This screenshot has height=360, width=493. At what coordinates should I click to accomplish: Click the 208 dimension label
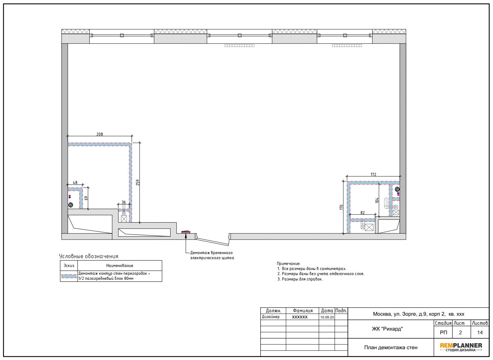point(100,134)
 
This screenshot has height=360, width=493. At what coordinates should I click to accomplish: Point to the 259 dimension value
point(138,182)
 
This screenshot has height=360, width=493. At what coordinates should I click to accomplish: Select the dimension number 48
point(75,183)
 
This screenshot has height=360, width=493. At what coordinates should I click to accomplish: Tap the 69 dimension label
point(86,198)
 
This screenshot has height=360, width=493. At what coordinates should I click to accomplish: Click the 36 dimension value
point(124,202)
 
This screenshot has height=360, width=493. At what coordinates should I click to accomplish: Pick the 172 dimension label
point(373,175)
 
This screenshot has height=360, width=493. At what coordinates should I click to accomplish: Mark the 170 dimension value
point(341,207)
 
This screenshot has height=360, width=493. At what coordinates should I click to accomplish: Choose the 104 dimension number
point(377,200)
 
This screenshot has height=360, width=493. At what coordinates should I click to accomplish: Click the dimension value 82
point(362,213)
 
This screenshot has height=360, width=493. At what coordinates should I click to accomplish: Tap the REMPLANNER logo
point(461,347)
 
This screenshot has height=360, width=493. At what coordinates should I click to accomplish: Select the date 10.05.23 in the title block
point(327,317)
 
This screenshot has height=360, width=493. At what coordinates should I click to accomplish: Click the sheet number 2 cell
point(460,333)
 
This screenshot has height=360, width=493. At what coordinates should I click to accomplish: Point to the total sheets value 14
point(480,333)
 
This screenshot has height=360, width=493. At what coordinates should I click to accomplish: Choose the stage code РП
point(443,333)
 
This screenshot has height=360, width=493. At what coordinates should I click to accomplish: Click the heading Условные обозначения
point(88,256)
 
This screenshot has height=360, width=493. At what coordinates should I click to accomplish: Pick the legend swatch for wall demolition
point(69,276)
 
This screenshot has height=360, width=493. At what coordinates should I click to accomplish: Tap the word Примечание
point(288,263)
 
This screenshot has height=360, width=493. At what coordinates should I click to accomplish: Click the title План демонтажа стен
point(391,347)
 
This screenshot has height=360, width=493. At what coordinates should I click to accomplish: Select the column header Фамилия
point(302,311)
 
